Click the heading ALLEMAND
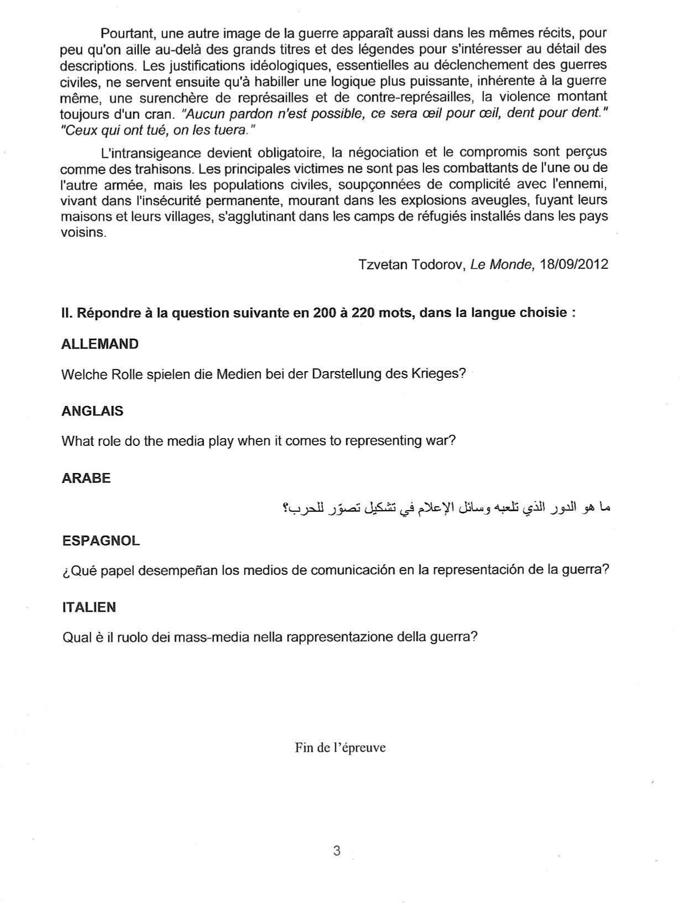tap(100, 344)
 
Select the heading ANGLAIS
tap(92, 411)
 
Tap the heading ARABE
tap(86, 478)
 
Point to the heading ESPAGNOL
tap(100, 540)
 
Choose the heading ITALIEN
tap(89, 607)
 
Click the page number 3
tap(337, 851)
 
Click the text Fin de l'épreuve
tap(340, 748)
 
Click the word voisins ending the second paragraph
tap(82, 232)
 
